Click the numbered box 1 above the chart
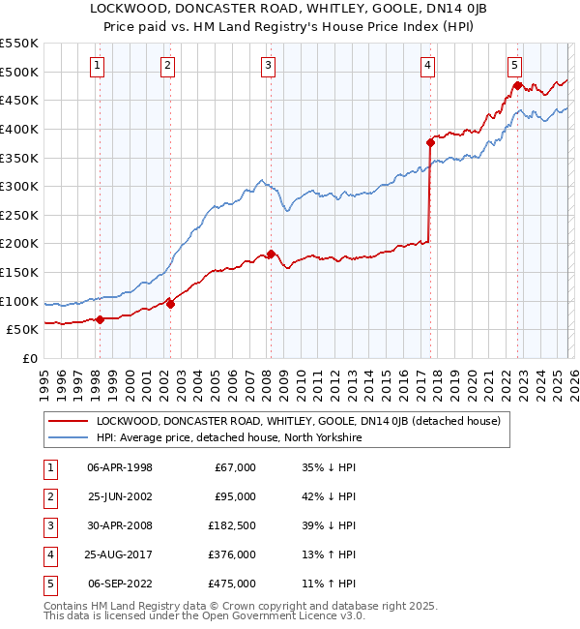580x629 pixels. pos(99,66)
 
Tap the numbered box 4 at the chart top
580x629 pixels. pos(427,66)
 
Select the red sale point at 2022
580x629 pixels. pos(517,86)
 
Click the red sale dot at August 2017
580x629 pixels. pos(430,142)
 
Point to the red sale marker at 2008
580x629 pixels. pos(271,254)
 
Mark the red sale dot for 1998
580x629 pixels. pos(100,319)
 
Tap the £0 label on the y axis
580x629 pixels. pos(29,358)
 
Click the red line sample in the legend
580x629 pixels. pos(68,421)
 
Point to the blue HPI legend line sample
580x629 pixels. pos(68,437)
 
